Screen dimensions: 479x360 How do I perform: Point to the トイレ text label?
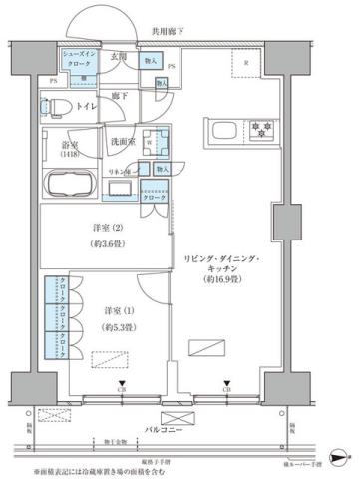point(88,104)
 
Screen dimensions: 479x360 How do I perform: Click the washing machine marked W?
point(148,142)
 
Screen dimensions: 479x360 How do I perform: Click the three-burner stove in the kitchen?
point(262,127)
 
